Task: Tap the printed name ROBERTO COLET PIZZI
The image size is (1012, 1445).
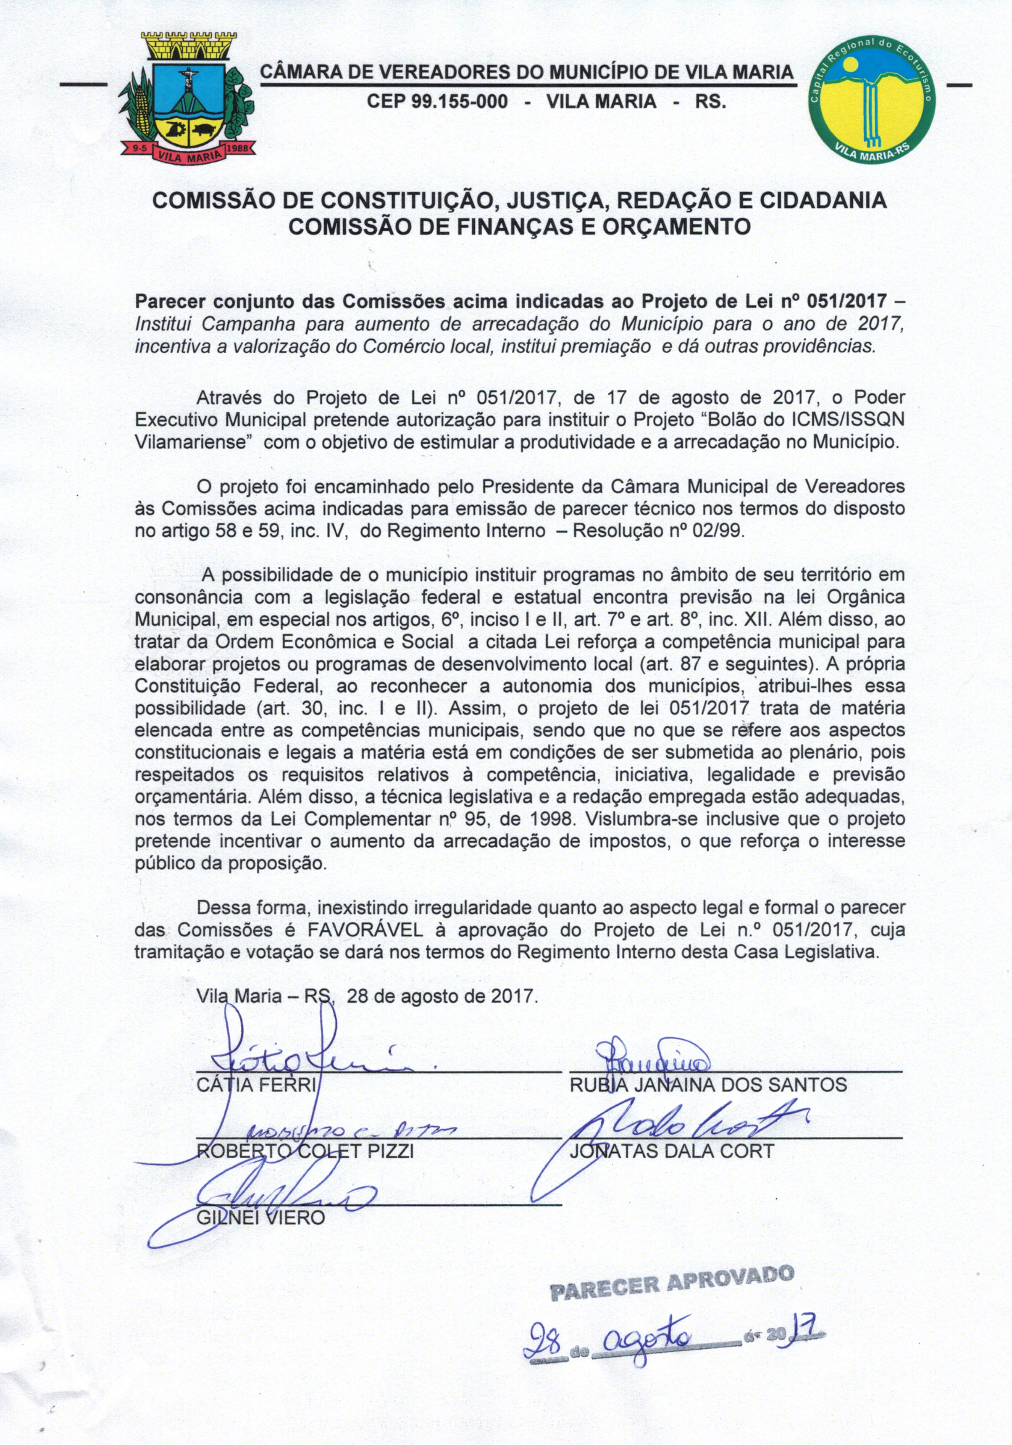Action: (305, 1151)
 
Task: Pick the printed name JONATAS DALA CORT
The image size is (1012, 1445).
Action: (671, 1151)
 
